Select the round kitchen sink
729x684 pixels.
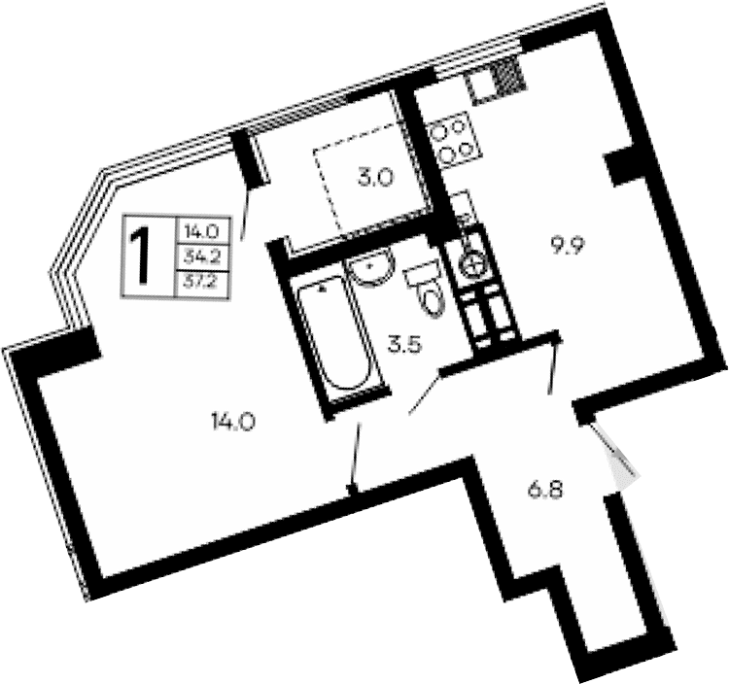[x=474, y=259]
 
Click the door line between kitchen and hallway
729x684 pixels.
[x=555, y=363]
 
